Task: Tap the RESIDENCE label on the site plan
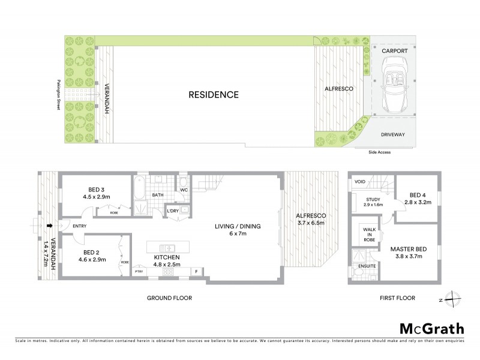tap(214, 95)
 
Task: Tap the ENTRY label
tap(78, 226)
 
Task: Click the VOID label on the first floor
tap(360, 181)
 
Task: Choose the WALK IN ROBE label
tap(368, 233)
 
